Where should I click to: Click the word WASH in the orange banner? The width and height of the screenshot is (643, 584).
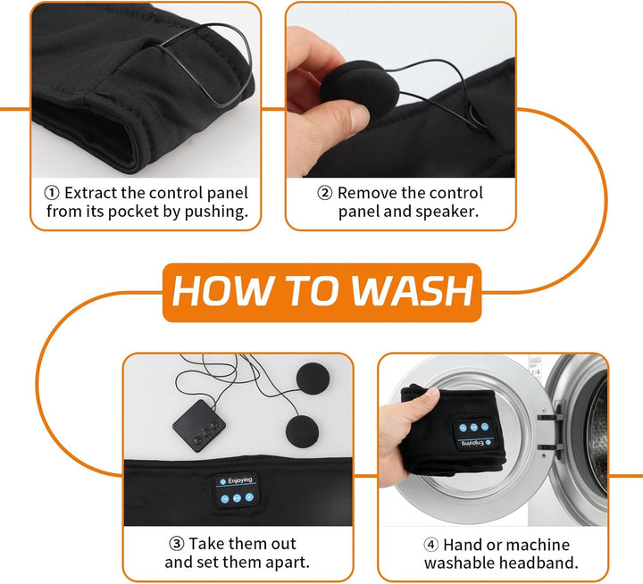pyautogui.click(x=413, y=291)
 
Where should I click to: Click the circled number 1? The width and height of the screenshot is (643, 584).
pyautogui.click(x=52, y=193)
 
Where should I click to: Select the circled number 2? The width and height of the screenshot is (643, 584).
pyautogui.click(x=325, y=193)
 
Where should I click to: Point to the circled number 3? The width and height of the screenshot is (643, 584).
pyautogui.click(x=177, y=544)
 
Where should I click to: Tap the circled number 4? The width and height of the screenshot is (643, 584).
pyautogui.click(x=431, y=545)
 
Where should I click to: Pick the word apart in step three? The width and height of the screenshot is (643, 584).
pyautogui.click(x=288, y=563)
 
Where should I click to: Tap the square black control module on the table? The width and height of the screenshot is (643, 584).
pyautogui.click(x=199, y=426)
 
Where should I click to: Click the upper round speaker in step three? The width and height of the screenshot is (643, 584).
pyautogui.click(x=313, y=379)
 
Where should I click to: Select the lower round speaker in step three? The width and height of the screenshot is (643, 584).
pyautogui.click(x=302, y=432)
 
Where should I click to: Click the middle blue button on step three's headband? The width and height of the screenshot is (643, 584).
pyautogui.click(x=237, y=498)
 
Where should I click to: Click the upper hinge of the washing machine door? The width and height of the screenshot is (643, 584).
pyautogui.click(x=547, y=418)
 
